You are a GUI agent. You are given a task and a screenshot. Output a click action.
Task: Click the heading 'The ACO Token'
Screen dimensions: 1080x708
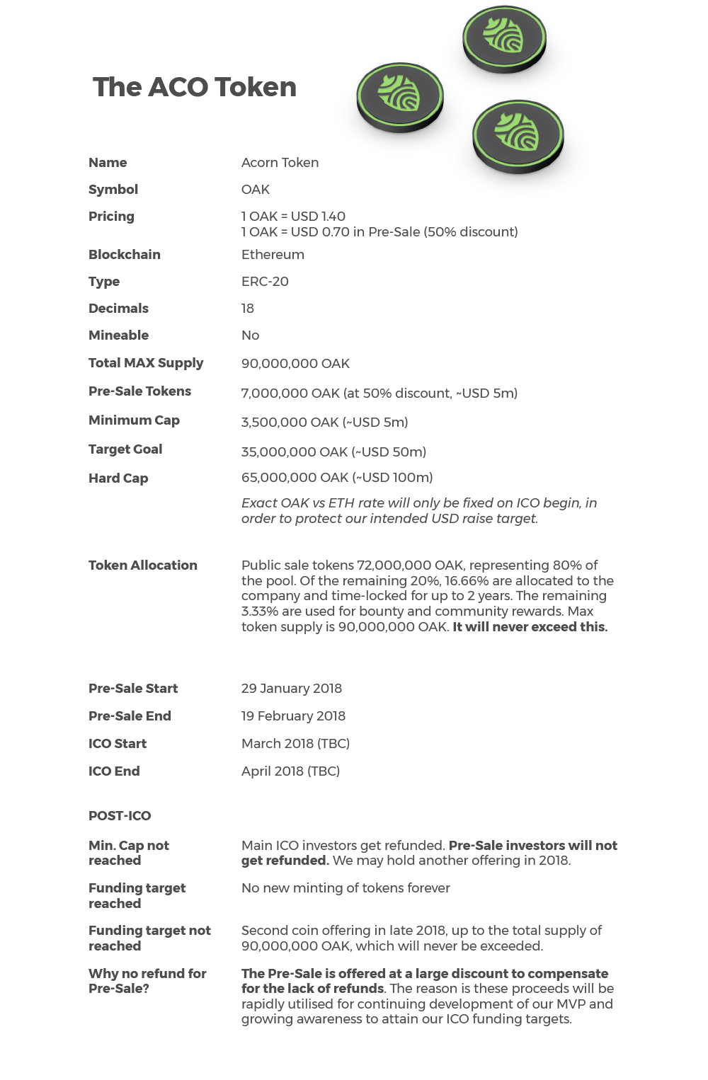coord(195,87)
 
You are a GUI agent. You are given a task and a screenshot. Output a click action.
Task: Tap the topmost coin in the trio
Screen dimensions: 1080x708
coord(504,38)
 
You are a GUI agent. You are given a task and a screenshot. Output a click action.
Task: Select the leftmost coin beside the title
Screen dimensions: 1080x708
coord(399,97)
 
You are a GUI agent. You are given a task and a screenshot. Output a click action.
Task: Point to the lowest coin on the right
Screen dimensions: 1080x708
coord(518,136)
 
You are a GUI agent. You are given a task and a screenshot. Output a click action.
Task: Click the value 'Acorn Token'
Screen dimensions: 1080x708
coord(280,163)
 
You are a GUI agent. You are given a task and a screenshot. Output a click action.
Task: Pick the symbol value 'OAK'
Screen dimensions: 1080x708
coord(256,190)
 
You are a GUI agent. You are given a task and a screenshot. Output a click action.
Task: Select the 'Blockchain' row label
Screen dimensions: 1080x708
coord(125,255)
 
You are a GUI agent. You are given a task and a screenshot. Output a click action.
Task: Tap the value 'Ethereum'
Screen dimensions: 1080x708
coord(273,255)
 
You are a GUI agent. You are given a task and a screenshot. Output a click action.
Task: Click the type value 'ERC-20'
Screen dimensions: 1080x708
coord(265,282)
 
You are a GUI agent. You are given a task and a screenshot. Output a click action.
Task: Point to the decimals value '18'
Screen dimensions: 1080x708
coord(248,309)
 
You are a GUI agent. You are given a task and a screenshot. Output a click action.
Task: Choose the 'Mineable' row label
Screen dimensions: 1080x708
coord(118,335)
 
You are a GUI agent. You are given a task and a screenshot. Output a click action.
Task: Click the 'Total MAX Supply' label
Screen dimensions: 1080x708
coord(146,363)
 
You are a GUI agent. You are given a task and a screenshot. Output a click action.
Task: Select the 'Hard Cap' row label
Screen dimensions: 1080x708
coord(118,478)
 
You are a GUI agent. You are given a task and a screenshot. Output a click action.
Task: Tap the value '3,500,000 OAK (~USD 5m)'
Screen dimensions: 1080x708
coord(324,423)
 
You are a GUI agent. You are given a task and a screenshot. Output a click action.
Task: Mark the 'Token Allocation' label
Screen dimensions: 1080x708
coord(143,565)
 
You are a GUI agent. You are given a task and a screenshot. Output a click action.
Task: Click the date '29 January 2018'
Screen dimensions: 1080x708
coord(291,689)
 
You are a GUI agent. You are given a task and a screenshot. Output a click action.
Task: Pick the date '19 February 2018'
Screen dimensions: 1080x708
coord(293,716)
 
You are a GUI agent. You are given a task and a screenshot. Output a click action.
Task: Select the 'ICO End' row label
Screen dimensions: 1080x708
coord(114,771)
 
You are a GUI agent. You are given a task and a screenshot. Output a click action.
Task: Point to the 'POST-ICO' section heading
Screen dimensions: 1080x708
coord(120,816)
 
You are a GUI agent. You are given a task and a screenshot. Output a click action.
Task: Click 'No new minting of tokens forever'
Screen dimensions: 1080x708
coord(346,888)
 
